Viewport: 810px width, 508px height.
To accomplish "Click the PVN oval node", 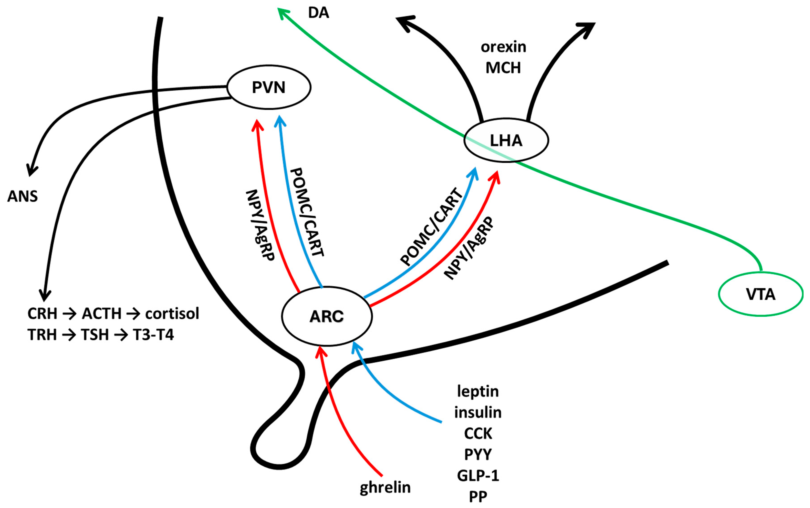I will click(x=269, y=87).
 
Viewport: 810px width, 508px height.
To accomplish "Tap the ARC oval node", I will click(x=326, y=316).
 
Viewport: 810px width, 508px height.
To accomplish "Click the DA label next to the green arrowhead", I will click(x=318, y=13).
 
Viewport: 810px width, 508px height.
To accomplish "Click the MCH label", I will click(x=503, y=68).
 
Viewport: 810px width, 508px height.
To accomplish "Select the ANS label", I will click(x=22, y=196).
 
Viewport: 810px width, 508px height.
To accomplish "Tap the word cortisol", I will click(x=172, y=313).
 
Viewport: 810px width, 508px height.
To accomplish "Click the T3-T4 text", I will click(x=153, y=335).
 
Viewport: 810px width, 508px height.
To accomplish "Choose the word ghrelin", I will click(x=385, y=487).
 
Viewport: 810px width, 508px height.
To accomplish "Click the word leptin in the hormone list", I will click(x=478, y=391).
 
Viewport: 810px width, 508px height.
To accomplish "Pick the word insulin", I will click(x=478, y=412).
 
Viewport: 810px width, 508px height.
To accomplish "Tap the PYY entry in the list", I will click(x=478, y=454).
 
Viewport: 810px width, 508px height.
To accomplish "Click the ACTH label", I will click(x=101, y=313).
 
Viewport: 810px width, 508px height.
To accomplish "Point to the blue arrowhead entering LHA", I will click(x=474, y=172).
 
